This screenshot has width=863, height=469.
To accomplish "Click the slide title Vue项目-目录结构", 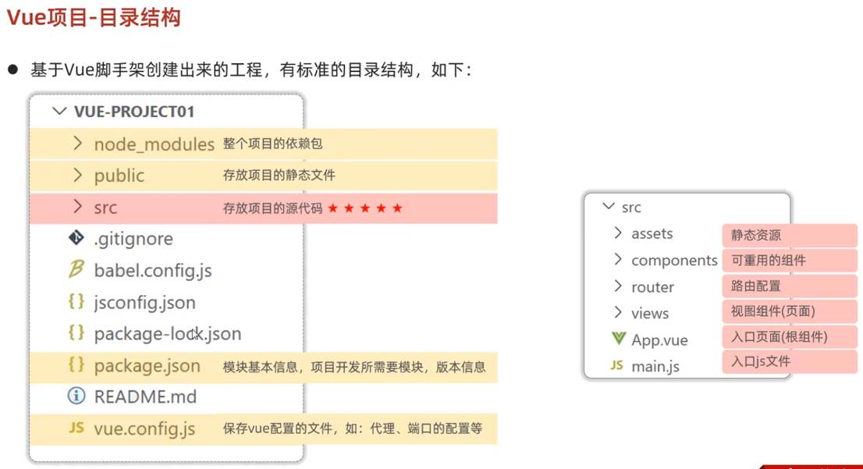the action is pos(94,18).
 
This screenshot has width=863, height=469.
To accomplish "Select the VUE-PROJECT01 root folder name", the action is pos(134,112).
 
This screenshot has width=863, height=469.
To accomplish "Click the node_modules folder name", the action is pos(154,144).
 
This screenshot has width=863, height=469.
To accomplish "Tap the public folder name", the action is pos(119,176).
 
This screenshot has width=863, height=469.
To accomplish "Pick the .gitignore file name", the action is pos(133,239).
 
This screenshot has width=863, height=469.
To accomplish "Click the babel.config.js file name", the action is pos(153,271).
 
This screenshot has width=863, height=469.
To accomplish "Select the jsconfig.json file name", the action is pos(145,302).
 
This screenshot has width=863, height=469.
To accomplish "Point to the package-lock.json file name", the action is pos(168,334).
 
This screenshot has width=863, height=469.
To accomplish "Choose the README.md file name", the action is pos(145,396).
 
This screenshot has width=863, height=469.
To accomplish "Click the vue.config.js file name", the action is pos(145,428).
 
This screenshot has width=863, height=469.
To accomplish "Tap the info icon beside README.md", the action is pos(76,396).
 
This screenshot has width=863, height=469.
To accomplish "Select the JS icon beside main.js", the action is pos(617,365).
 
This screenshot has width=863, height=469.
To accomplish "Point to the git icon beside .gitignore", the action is pos(76,239).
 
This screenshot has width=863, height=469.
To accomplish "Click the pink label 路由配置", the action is pos(756,286).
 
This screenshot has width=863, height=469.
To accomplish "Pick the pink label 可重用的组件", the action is pos(768,260).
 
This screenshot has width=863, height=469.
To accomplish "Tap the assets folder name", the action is pos(652,234).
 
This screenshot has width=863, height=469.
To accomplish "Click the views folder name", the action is pos(650,314).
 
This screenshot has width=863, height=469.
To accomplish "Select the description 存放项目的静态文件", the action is pos(279,176).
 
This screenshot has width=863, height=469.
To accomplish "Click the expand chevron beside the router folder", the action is pos(618,286).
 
